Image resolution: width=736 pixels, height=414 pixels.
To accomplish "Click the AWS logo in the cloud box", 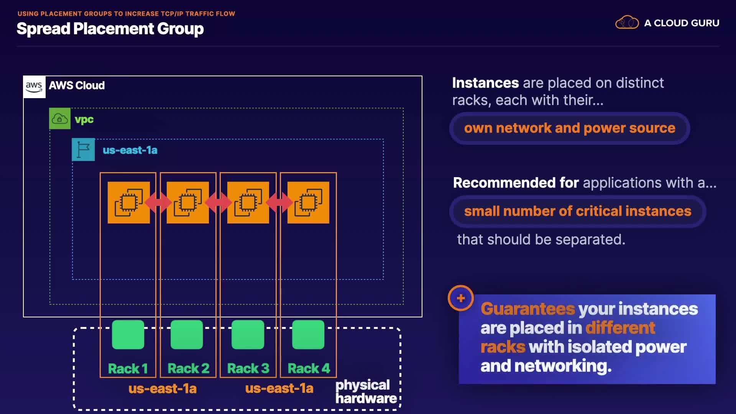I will (x=34, y=87).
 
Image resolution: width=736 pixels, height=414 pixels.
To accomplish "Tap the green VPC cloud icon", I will (x=60, y=118).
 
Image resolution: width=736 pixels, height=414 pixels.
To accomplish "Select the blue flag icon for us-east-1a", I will (x=83, y=149).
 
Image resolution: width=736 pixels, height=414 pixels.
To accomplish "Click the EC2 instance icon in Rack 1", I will (x=128, y=202).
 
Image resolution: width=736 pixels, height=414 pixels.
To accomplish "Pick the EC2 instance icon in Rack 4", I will (x=309, y=202).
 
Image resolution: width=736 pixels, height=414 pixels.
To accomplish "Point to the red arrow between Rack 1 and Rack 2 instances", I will (x=158, y=202).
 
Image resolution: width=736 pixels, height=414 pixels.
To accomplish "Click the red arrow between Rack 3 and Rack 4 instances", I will (x=279, y=202).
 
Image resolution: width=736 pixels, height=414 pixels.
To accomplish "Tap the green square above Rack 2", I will (x=187, y=335).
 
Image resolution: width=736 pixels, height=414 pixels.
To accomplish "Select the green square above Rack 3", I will (x=248, y=335).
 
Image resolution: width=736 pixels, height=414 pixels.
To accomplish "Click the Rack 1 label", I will (x=128, y=368).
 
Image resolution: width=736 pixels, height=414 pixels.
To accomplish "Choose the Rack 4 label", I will (x=309, y=368).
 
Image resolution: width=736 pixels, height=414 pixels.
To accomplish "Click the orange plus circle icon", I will (x=461, y=298).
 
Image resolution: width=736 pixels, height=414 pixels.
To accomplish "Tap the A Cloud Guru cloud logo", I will (x=627, y=23).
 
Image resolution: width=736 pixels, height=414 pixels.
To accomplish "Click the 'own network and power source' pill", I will (x=570, y=128).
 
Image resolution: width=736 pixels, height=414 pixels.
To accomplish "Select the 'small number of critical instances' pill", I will (x=578, y=211).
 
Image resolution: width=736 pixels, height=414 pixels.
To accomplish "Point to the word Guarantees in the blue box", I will (x=528, y=309).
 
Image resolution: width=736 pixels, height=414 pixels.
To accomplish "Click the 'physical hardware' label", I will (x=366, y=391).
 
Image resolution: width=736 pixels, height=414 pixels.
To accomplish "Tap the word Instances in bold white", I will (x=485, y=83).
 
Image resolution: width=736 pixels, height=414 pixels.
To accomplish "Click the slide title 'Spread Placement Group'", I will (x=110, y=29).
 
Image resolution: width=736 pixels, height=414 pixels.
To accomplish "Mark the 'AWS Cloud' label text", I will (x=77, y=85).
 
